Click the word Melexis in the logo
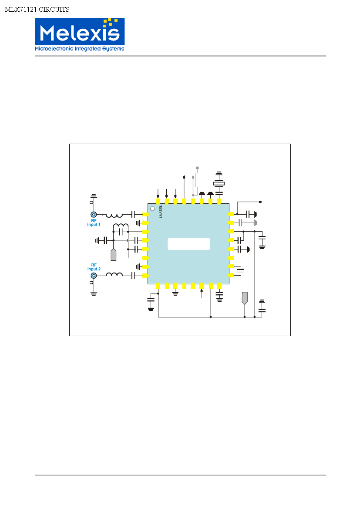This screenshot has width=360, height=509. click(80, 33)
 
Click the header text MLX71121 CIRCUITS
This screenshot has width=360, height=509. click(37, 10)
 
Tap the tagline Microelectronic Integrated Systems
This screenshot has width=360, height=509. click(80, 49)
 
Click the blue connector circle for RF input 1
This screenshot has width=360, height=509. click(94, 214)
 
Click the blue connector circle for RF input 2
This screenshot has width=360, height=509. click(94, 276)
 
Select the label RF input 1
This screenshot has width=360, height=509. click(94, 222)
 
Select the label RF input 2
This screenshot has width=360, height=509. click(94, 267)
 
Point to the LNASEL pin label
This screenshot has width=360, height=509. click(161, 211)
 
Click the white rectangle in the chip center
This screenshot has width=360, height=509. click(188, 244)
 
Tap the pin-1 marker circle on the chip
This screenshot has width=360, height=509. click(152, 209)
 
